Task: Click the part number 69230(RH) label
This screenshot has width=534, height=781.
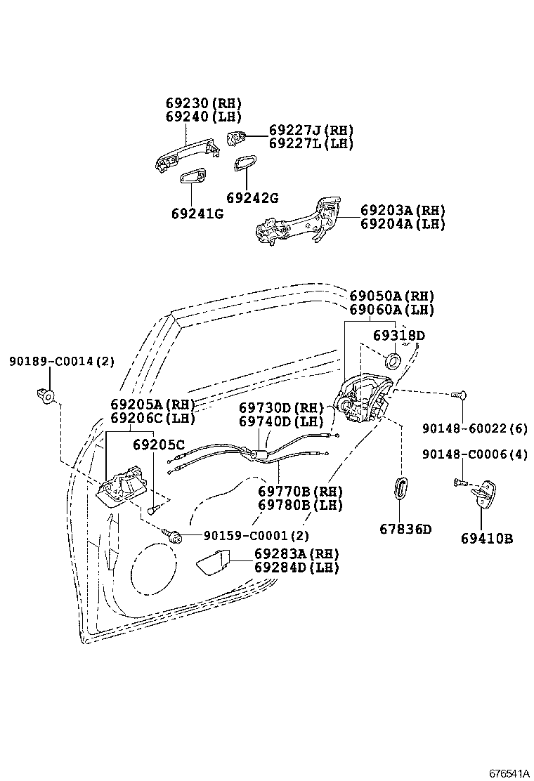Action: pos(203,103)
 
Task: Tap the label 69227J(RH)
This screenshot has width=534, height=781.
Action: pos(311,131)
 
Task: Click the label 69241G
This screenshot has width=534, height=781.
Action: pos(197,214)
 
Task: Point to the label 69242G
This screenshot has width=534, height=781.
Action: pos(252,198)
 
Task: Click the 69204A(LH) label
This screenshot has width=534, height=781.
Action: pos(403,224)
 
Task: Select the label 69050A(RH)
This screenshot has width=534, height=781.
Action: pos(392,296)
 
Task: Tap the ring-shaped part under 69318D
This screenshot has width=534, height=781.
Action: pos(393,362)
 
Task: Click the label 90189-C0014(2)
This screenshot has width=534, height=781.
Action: pos(61,362)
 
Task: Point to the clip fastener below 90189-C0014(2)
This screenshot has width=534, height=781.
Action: pos(46,396)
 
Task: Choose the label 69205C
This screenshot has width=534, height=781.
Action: pos(159,445)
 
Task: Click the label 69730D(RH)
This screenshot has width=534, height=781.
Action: pos(280,408)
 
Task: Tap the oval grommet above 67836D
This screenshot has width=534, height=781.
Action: pos(400,487)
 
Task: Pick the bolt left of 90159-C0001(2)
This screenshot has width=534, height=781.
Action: pos(174,536)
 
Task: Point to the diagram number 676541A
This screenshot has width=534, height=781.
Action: pos(509,773)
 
